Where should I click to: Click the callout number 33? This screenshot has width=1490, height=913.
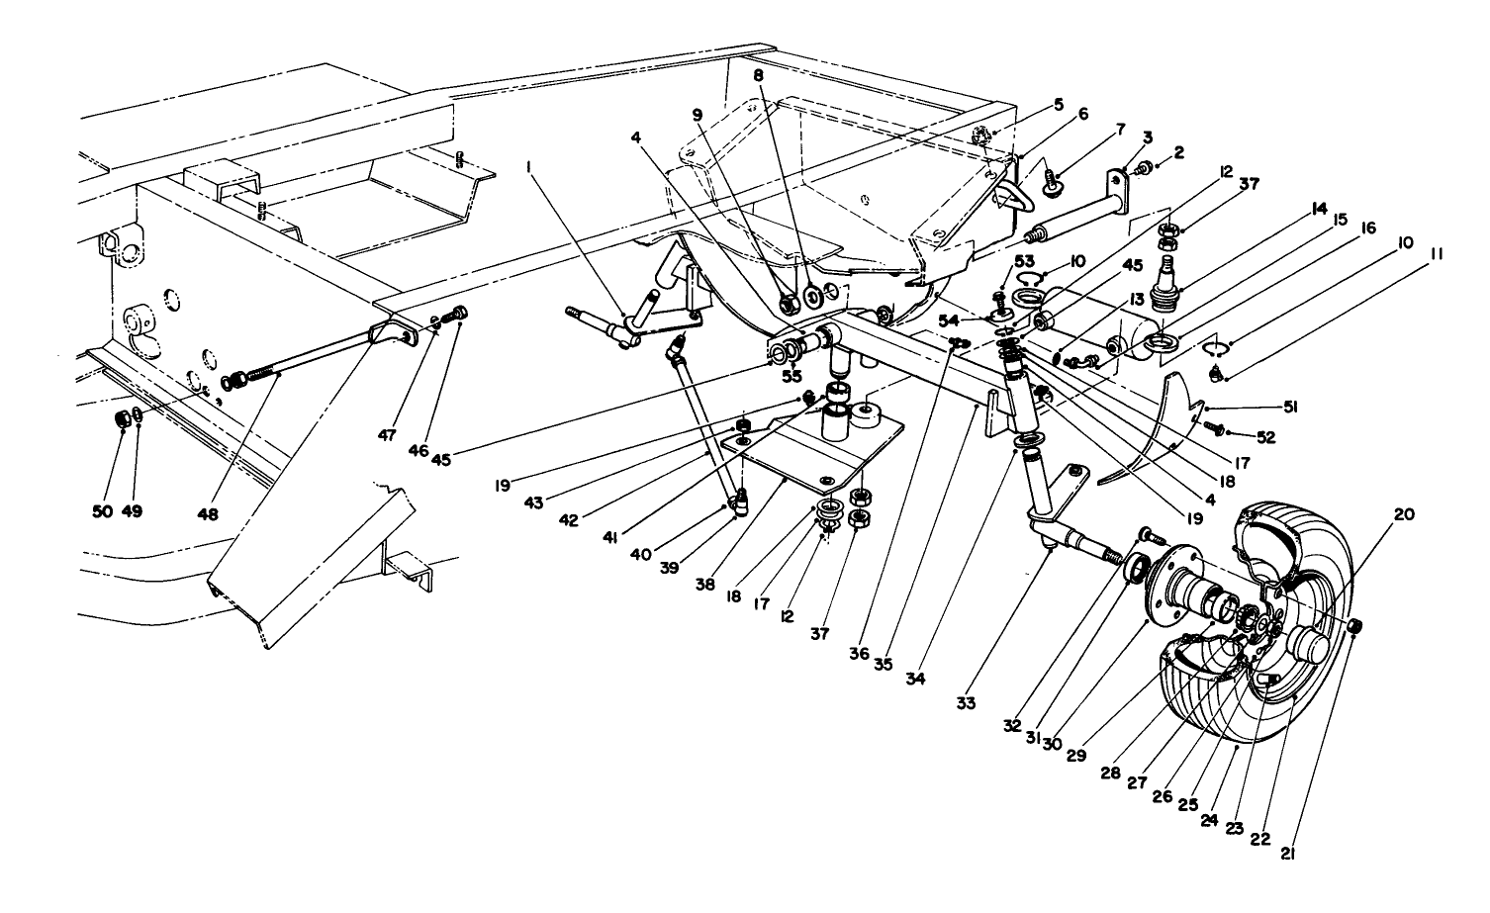pyautogui.click(x=966, y=703)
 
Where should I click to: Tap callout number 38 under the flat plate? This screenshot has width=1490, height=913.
pyautogui.click(x=733, y=585)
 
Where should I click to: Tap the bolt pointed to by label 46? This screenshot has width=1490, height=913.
pyautogui.click(x=458, y=315)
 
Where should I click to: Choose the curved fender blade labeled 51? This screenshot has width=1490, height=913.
pyautogui.click(x=1148, y=435)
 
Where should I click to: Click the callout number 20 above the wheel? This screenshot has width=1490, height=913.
pyautogui.click(x=1405, y=514)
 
